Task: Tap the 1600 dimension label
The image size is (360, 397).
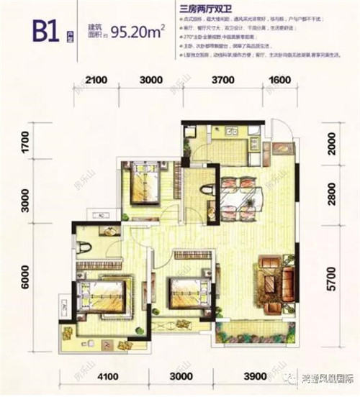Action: pos(279,80)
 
